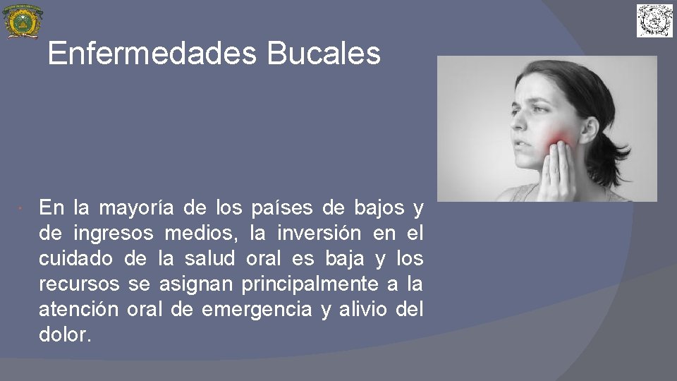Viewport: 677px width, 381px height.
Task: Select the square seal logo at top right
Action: coord(655,20)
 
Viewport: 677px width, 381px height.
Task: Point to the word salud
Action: coord(210,259)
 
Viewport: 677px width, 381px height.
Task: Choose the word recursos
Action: coord(80,284)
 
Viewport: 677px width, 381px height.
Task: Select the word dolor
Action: coord(65,335)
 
